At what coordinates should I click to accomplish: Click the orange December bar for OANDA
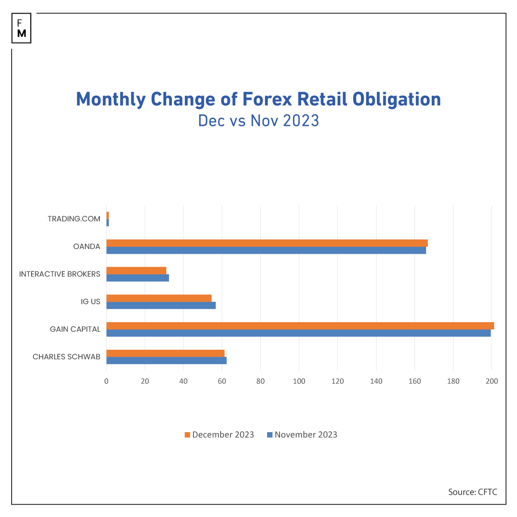pos(267,243)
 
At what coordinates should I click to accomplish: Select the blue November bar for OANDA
pos(266,250)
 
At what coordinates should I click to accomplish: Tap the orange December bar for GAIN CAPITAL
pos(300,326)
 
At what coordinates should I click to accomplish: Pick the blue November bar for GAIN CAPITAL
pos(299,333)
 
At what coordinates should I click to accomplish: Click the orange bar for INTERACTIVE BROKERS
pos(136,271)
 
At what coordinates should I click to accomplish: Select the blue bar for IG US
pos(161,305)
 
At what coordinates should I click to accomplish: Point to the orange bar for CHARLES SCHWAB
pos(165,353)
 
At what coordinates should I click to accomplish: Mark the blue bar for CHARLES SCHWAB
pos(166,361)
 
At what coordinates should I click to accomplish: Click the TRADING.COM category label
pos(74,219)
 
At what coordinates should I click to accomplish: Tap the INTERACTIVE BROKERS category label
pos(60,274)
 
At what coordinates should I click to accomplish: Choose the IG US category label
pos(90,302)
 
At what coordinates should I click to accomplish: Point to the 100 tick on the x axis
pos(299,381)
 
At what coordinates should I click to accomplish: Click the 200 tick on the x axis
pos(492,381)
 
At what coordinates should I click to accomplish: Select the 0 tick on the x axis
pos(106,381)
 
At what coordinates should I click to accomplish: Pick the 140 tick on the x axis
pos(376,381)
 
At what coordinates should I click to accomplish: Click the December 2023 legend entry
pos(219,435)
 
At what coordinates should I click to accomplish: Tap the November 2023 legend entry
pos(302,435)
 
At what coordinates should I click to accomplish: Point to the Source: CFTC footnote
pos(473,492)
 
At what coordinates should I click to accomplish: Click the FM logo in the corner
pos(22,28)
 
